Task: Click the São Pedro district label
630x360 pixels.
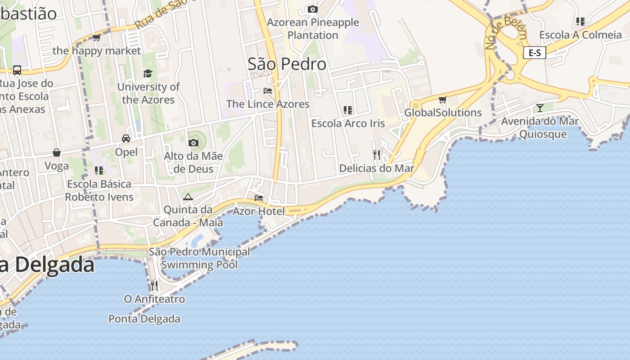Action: (x=287, y=64)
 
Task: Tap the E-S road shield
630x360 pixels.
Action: (x=535, y=53)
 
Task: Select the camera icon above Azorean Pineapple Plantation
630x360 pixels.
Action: (x=312, y=9)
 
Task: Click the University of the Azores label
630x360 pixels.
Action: (x=148, y=93)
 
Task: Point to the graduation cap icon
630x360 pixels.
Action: (x=148, y=73)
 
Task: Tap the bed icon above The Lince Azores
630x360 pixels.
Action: (x=268, y=91)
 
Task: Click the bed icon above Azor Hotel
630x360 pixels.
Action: (x=258, y=198)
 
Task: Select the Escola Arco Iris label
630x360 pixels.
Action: (x=348, y=123)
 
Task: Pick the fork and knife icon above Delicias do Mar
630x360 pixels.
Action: (x=377, y=155)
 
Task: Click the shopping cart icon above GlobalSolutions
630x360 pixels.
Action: (x=442, y=99)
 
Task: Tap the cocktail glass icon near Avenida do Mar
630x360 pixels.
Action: (x=540, y=108)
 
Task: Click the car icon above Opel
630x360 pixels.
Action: (x=126, y=139)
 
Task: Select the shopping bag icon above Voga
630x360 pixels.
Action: (x=57, y=153)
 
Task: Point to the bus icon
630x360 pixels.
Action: (x=17, y=70)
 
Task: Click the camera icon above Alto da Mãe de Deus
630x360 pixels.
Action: (x=193, y=143)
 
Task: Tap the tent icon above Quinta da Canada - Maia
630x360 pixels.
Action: (x=188, y=197)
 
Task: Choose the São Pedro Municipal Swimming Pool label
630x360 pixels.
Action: (x=199, y=258)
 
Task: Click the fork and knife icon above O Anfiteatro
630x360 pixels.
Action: (x=154, y=285)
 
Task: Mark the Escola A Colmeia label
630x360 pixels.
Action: (x=580, y=35)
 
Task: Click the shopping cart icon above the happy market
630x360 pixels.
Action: (x=96, y=38)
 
